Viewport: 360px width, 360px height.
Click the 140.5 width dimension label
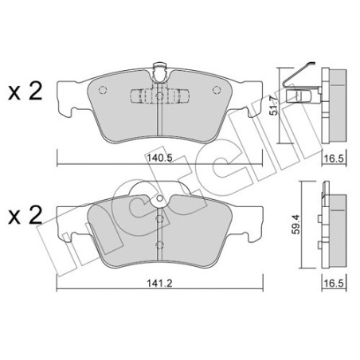(x=160, y=158)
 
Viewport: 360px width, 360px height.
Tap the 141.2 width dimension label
(x=160, y=283)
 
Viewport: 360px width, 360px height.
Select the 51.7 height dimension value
(x=273, y=105)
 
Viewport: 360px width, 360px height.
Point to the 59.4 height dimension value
(x=295, y=225)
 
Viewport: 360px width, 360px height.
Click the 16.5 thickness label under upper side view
(x=334, y=158)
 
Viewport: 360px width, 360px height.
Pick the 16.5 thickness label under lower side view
(x=334, y=284)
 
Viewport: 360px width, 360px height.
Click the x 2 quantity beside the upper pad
(x=25, y=91)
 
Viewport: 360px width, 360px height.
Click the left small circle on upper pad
(x=103, y=90)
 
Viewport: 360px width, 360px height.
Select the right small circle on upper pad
(x=217, y=90)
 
